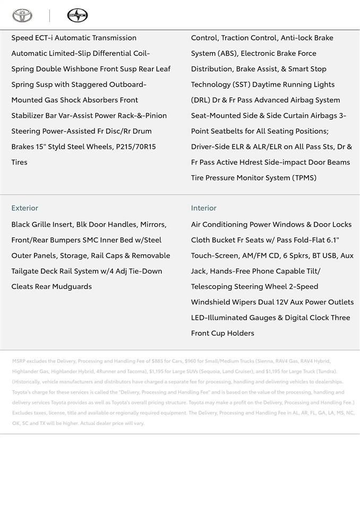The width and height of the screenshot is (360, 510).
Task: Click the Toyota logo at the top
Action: [x=22, y=15]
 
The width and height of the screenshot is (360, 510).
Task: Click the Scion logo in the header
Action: [x=77, y=15]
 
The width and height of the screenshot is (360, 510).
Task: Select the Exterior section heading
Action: [x=25, y=208]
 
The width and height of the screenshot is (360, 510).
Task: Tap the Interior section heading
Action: [x=204, y=208]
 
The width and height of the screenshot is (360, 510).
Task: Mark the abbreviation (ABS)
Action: [x=229, y=53]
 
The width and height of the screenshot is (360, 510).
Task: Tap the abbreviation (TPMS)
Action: [x=304, y=177]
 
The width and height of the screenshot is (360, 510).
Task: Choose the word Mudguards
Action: [x=72, y=286]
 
